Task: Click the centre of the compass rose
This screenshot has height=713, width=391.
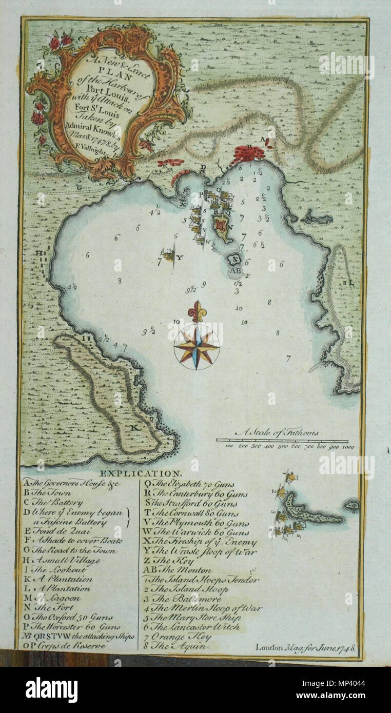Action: click(197, 347)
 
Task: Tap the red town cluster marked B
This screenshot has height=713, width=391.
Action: click(250, 152)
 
